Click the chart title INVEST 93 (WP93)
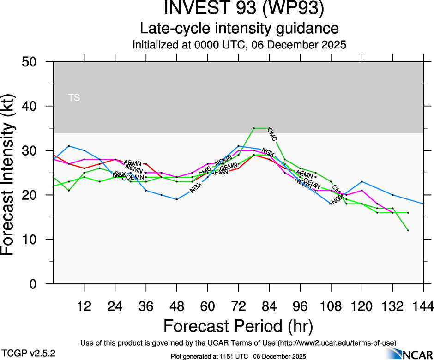click(x=239, y=9)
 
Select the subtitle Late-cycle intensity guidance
click(x=239, y=28)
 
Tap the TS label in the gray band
click(x=74, y=98)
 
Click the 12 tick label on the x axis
click(x=84, y=306)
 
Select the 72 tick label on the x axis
click(x=238, y=306)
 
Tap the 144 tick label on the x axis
click(x=423, y=306)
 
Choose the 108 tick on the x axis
click(x=331, y=306)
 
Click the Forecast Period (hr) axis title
click(x=238, y=326)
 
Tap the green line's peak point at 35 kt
click(x=254, y=128)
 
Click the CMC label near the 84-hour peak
click(x=272, y=134)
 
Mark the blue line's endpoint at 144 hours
click(x=423, y=204)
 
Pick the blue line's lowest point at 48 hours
click(x=177, y=199)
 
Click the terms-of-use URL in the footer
click(x=337, y=342)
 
